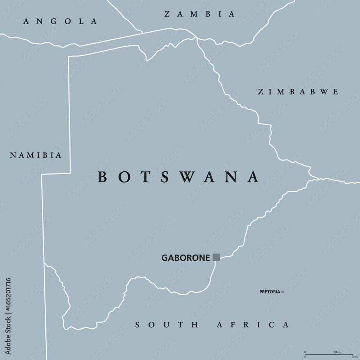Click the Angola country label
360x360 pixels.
(60, 21)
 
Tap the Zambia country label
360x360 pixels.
(199, 14)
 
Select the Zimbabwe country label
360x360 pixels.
(298, 92)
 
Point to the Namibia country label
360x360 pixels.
(36, 156)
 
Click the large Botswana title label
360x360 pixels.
(179, 177)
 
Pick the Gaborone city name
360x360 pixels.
(186, 258)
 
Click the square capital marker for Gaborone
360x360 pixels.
(216, 257)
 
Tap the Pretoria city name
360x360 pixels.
(270, 292)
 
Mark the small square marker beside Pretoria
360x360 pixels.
(283, 292)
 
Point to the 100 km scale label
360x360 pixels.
(337, 352)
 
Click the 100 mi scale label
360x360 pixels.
(353, 357)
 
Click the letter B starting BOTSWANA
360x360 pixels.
(103, 177)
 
